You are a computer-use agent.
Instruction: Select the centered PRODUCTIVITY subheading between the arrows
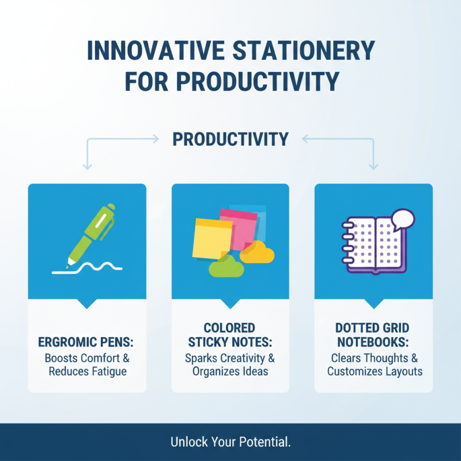[231, 139]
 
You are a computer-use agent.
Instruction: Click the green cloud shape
[226, 267]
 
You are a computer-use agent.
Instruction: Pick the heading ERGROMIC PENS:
[87, 343]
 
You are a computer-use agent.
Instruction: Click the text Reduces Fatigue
[87, 371]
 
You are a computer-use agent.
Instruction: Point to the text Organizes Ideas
[230, 371]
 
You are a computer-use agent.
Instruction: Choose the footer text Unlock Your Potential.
[231, 443]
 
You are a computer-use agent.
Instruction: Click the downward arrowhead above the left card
[87, 167]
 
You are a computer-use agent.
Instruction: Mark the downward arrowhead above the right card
[373, 167]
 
